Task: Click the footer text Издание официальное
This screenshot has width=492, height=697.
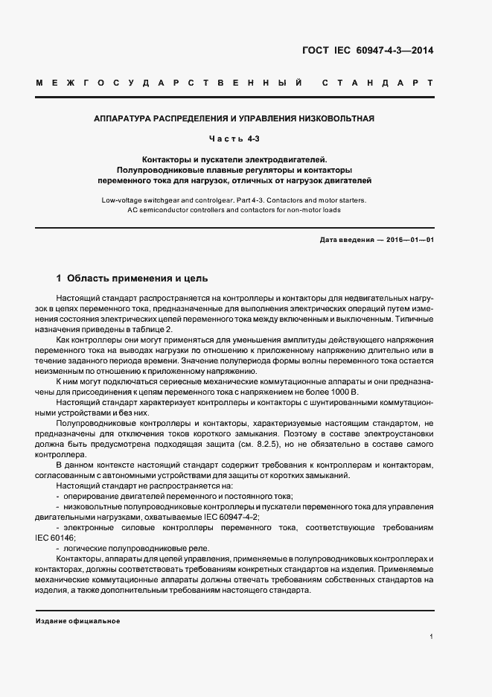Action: pos(77,620)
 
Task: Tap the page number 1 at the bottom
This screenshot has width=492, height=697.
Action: pos(432,637)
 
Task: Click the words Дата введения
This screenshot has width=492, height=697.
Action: pos(345,240)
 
